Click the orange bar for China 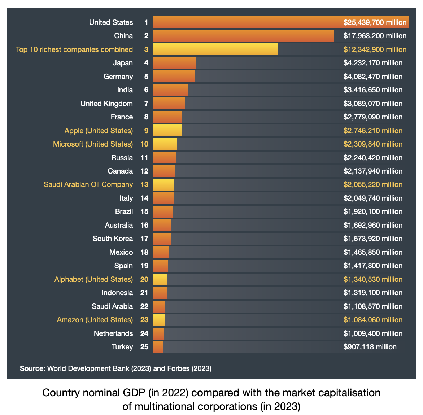[244, 36]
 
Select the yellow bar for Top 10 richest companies [215, 49]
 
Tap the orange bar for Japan [175, 63]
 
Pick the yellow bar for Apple [167, 131]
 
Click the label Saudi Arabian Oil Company [88, 184]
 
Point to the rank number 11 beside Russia [144, 158]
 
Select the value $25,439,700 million [375, 22]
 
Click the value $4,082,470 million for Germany [373, 77]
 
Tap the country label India [125, 90]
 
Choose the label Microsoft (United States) [93, 144]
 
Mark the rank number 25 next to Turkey [144, 347]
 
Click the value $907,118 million [370, 347]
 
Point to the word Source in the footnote [32, 368]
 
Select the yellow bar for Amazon [159, 320]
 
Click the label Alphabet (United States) [93, 279]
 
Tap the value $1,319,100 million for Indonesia [373, 293]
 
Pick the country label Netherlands [113, 333]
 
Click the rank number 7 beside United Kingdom [146, 104]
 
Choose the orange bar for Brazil [163, 211]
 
